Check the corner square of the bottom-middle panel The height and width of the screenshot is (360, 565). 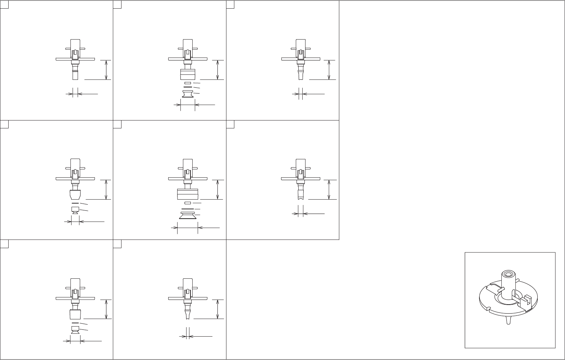117,244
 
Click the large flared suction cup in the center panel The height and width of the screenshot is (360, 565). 188,216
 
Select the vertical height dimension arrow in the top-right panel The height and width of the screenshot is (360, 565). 329,70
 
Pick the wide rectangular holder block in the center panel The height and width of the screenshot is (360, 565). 188,194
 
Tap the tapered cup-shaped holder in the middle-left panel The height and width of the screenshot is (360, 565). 75,196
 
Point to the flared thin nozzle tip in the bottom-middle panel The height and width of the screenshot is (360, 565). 188,314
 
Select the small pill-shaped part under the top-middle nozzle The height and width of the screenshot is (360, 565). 188,83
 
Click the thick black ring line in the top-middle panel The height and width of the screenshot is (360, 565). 188,87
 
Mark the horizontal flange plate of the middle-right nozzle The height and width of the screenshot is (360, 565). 300,178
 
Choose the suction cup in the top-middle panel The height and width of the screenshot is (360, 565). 188,94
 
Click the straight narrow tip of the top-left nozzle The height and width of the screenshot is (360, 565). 75,76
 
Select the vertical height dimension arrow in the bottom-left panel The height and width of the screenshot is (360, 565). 106,309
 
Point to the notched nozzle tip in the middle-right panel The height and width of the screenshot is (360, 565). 300,195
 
